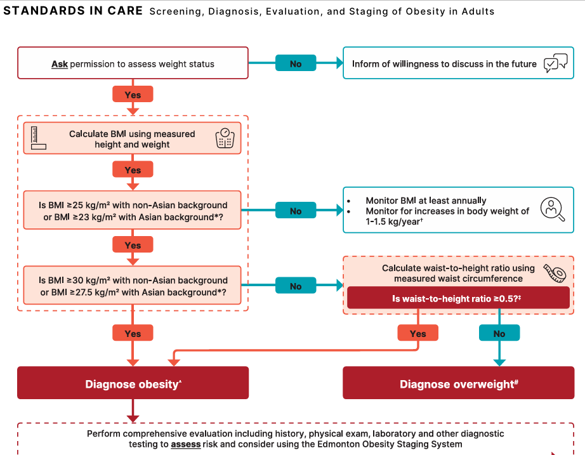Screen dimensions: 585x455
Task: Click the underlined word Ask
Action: [60, 64]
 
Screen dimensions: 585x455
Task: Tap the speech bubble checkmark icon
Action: [556, 63]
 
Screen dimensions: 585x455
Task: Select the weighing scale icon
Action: [225, 138]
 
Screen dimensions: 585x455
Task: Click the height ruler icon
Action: [38, 138]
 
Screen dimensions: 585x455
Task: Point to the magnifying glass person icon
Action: [553, 209]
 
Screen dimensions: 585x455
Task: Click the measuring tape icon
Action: [555, 274]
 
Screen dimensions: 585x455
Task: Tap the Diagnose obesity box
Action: [133, 383]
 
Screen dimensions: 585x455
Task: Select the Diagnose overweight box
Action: [459, 383]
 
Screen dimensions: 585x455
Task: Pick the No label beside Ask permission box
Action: [296, 63]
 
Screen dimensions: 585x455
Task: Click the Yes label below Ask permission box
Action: [133, 94]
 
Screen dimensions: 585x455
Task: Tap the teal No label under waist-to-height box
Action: [499, 333]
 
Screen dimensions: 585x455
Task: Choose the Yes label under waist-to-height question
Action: [418, 333]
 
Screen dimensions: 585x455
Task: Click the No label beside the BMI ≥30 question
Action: [296, 286]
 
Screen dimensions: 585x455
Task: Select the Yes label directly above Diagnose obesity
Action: [133, 333]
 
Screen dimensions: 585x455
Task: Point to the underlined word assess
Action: [186, 444]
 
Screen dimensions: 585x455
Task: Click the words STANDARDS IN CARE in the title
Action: [73, 11]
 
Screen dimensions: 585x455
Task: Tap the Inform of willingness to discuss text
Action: [444, 64]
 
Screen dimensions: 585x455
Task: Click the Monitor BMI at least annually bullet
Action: [426, 201]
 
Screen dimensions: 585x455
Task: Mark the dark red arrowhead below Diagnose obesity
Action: [133, 419]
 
